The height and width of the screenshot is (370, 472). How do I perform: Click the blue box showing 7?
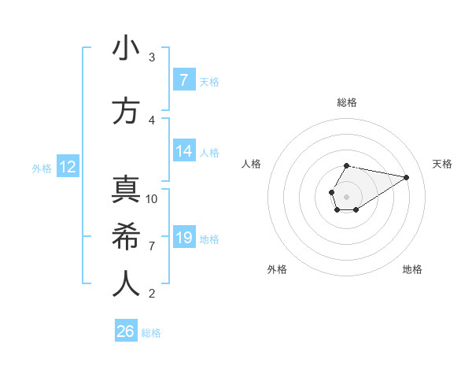[x=183, y=80]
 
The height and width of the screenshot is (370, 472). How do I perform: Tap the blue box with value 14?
[x=183, y=151]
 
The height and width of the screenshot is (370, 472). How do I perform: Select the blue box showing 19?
[x=183, y=238]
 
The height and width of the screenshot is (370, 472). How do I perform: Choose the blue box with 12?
[x=68, y=167]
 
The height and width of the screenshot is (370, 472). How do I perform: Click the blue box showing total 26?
[x=126, y=331]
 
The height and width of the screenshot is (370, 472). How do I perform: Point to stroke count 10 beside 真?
[x=152, y=198]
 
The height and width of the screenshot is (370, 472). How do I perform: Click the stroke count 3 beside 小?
[x=152, y=57]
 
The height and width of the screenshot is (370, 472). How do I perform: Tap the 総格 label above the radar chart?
[x=346, y=103]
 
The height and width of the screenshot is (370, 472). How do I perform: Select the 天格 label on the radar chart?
[x=442, y=164]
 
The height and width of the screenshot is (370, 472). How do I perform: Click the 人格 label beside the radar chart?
[x=252, y=164]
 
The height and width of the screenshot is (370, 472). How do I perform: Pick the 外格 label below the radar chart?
[x=277, y=269]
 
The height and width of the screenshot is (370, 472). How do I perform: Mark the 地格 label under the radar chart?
[x=412, y=269]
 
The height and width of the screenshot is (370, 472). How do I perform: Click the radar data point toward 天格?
[x=407, y=177]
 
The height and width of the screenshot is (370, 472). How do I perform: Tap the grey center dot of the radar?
[x=346, y=195]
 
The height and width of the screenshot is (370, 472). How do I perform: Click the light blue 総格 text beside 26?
[x=151, y=333]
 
